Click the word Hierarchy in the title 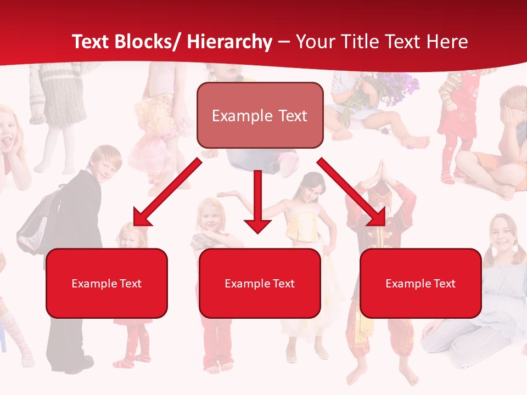click(x=229, y=42)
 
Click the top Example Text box click(x=260, y=116)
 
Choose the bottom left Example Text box click(x=106, y=284)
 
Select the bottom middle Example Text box click(x=260, y=284)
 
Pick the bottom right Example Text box click(x=421, y=284)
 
